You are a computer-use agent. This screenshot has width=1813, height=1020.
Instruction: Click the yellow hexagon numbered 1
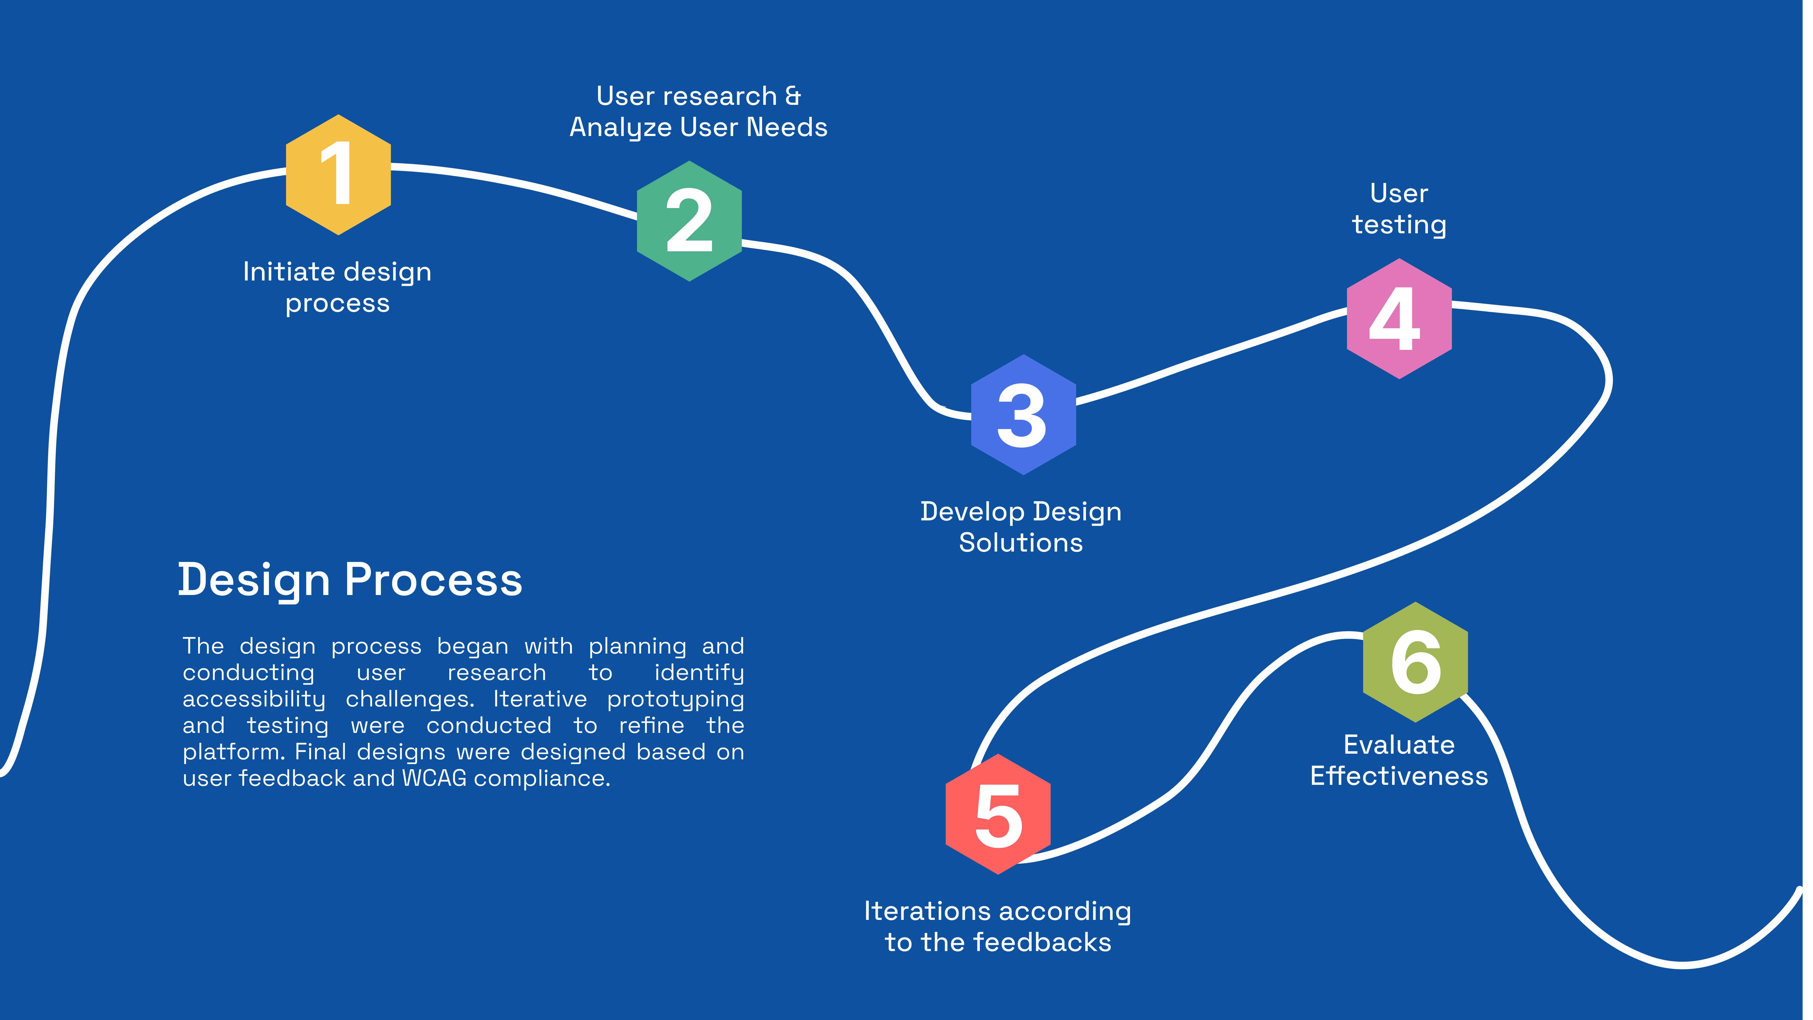tap(339, 174)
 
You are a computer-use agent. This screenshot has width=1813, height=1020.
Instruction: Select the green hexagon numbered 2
tap(689, 221)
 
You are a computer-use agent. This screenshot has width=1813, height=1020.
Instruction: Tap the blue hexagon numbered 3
tap(1023, 415)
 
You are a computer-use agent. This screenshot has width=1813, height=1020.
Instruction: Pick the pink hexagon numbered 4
tap(1399, 319)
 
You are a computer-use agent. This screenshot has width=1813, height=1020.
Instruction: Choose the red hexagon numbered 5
tap(998, 814)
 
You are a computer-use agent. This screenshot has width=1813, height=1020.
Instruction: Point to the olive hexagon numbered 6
tap(1415, 662)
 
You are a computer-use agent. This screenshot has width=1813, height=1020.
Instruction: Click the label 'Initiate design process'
tap(337, 287)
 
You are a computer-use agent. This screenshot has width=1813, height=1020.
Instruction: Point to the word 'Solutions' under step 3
tap(1021, 543)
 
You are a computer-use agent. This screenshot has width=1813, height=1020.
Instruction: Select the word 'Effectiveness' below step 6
tap(1399, 776)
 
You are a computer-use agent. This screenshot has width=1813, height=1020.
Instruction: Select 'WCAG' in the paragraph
tap(434, 778)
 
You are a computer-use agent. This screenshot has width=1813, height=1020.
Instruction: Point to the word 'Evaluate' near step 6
tap(1399, 745)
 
